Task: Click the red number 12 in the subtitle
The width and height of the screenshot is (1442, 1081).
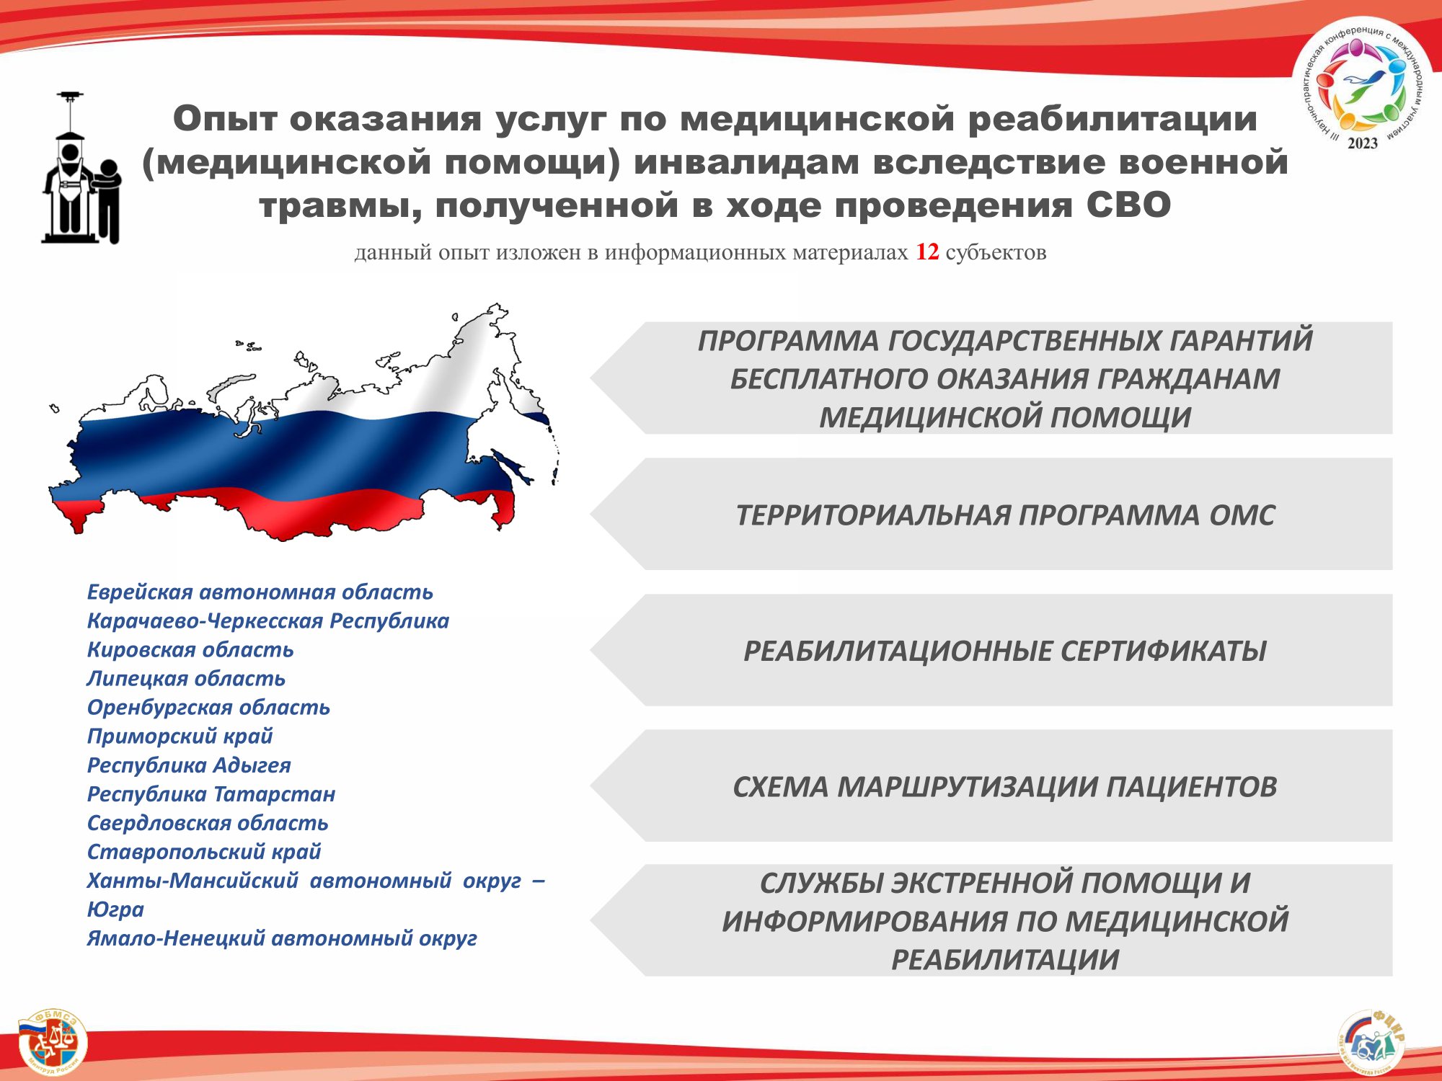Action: point(927,252)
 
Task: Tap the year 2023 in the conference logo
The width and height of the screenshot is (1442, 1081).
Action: point(1362,143)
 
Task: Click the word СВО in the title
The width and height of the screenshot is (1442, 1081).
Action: point(1128,205)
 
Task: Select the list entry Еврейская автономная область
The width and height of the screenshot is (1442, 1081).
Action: point(260,592)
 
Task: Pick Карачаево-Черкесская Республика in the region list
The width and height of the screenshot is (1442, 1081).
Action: point(267,621)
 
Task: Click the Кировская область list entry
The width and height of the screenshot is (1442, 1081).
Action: point(190,650)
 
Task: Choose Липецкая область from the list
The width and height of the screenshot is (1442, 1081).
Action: point(186,679)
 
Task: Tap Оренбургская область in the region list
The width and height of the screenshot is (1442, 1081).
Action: point(208,708)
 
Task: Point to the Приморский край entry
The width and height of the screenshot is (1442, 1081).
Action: point(180,737)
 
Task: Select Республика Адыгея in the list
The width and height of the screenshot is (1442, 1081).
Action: point(189,765)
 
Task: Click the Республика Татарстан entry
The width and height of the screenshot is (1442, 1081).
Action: point(211,794)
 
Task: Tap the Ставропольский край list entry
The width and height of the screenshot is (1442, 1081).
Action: point(204,852)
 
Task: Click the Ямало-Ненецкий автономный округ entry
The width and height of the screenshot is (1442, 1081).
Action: point(282,938)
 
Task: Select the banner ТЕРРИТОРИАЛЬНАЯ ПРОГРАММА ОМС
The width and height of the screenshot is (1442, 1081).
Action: point(1005,515)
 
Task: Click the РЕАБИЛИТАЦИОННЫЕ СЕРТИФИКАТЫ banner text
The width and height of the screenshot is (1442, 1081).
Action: point(1005,651)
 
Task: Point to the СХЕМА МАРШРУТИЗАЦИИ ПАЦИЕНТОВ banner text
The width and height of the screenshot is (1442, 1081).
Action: point(1005,787)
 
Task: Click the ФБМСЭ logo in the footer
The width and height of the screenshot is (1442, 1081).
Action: point(52,1042)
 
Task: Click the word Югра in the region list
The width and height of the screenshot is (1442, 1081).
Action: point(115,909)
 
